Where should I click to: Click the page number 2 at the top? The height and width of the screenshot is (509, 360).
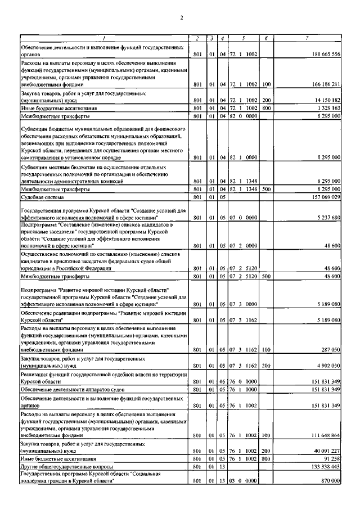182,18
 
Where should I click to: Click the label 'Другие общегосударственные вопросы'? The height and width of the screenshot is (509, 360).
66,467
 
